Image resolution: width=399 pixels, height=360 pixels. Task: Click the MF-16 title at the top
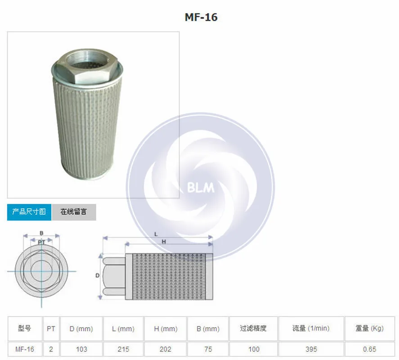[x=201, y=17]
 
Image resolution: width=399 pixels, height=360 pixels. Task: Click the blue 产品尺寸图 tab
[x=29, y=211]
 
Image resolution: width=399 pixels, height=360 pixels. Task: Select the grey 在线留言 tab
[x=74, y=211]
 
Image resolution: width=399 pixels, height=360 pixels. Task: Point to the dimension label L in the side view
[x=156, y=234]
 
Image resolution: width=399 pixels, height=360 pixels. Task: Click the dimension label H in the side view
[x=164, y=242]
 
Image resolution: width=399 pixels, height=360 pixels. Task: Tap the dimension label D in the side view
[x=97, y=275]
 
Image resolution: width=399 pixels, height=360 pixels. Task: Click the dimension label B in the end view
[x=41, y=233]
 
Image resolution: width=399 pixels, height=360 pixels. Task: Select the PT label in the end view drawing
[x=41, y=242]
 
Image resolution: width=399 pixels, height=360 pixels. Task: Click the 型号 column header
[x=24, y=328]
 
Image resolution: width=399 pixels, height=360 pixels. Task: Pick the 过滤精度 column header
[x=253, y=328]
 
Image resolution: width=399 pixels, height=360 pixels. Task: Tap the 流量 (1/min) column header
[x=310, y=328]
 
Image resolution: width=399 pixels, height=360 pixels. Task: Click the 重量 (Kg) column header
[x=369, y=328]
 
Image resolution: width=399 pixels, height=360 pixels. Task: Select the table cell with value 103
[x=81, y=349]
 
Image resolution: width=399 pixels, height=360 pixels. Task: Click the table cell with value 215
[x=123, y=349]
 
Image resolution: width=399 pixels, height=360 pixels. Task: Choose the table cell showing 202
[x=166, y=349]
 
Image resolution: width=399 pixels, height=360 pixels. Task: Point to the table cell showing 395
[x=310, y=349]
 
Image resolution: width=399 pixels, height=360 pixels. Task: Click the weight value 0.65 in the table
[x=369, y=349]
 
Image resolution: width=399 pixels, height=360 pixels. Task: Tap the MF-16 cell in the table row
[x=24, y=349]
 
